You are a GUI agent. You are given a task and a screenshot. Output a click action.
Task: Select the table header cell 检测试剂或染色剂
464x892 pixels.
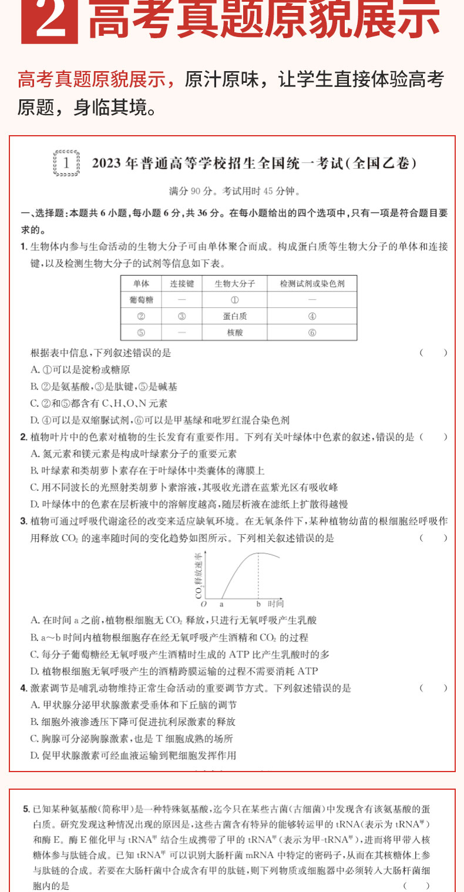(312, 283)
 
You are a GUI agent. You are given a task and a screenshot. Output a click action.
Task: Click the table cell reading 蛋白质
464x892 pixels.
(234, 316)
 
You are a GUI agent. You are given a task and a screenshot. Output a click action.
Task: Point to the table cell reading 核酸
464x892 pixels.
(234, 333)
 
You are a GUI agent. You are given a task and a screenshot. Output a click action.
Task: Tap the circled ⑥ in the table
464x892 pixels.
(312, 333)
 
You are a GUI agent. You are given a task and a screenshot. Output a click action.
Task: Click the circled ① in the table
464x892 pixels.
(234, 300)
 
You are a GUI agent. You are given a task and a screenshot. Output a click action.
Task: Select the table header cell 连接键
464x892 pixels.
(181, 283)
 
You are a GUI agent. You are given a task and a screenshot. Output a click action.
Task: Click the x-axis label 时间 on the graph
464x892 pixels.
(275, 603)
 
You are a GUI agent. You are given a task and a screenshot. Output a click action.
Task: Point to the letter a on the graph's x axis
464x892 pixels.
(221, 603)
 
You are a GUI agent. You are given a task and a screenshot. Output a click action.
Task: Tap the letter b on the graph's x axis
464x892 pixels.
(258, 603)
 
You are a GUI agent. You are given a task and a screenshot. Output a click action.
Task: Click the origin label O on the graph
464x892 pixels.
(204, 603)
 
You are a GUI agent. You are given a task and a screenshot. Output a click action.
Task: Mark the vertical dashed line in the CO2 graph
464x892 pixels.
(258, 576)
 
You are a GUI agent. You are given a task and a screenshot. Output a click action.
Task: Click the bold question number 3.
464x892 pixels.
(23, 521)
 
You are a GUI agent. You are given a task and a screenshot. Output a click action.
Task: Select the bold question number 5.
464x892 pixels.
(26, 809)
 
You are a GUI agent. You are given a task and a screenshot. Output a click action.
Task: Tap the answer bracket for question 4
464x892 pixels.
(433, 688)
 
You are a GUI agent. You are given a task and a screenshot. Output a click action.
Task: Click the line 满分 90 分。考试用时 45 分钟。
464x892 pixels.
(234, 191)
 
